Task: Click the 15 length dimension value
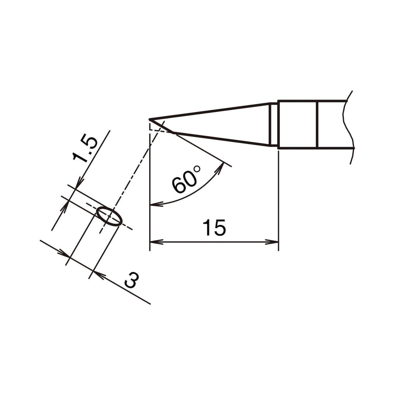(214, 227)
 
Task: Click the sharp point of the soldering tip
(150, 120)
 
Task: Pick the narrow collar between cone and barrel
(274, 124)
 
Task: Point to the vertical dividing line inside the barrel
(318, 124)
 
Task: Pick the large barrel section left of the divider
(298, 124)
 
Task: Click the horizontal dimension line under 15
(214, 241)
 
